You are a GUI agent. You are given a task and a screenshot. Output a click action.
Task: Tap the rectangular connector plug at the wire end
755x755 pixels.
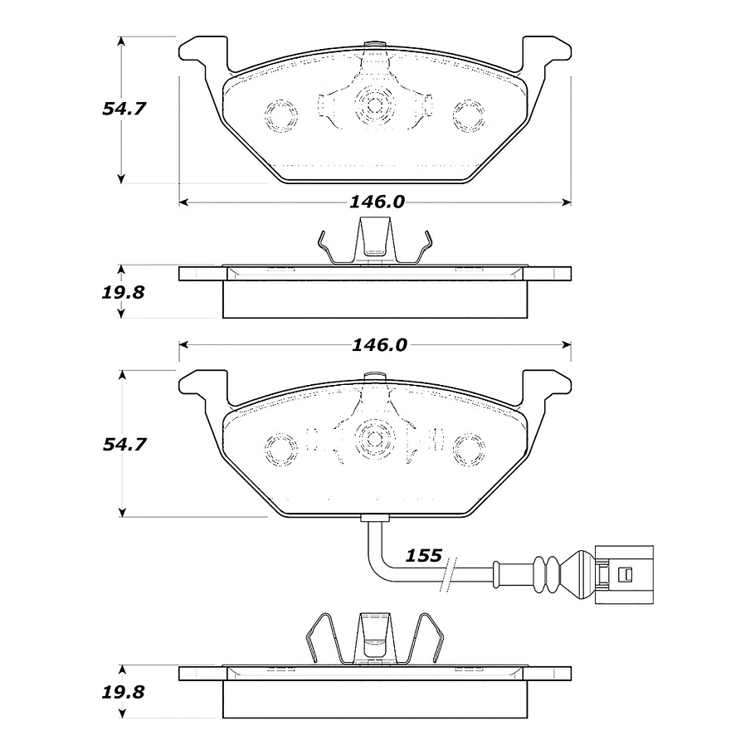pyautogui.click(x=623, y=572)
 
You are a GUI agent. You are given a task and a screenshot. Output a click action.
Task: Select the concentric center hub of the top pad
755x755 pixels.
pyautogui.click(x=374, y=105)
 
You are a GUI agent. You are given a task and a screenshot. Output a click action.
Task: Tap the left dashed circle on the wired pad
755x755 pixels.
pyautogui.click(x=280, y=448)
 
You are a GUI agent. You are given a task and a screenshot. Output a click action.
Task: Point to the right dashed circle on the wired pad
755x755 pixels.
pyautogui.click(x=469, y=448)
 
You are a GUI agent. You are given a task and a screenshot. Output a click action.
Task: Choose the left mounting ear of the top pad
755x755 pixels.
pyautogui.click(x=202, y=54)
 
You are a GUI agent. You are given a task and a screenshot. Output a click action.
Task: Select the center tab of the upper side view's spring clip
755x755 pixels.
pyautogui.click(x=374, y=241)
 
